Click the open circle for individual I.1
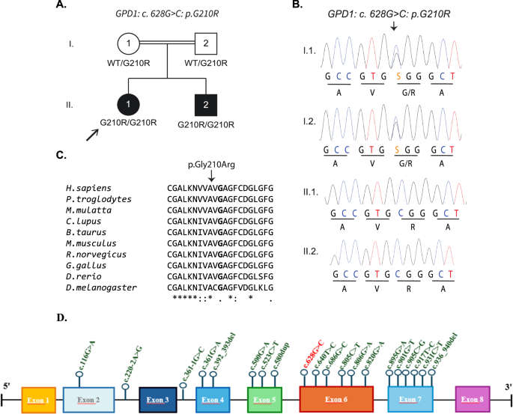pos(129,45)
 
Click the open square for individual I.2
pos(205,45)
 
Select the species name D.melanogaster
pos(94,285)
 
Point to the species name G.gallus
pos(82,264)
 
